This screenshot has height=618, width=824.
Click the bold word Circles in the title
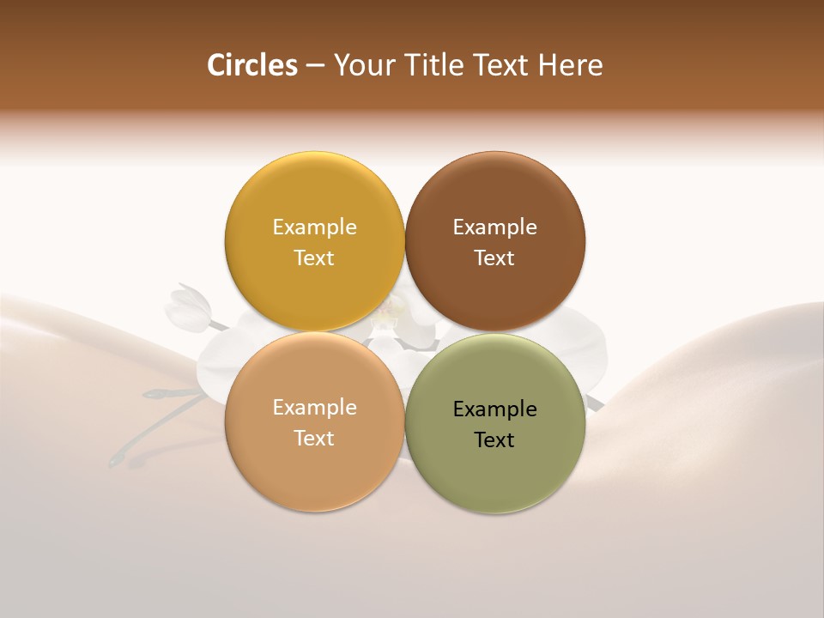pyautogui.click(x=252, y=65)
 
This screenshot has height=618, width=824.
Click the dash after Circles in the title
pyautogui.click(x=315, y=66)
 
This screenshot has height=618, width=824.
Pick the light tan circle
pyautogui.click(x=314, y=468)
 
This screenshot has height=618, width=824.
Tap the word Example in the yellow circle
pyautogui.click(x=314, y=227)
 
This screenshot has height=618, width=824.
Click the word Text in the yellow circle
pyautogui.click(x=314, y=257)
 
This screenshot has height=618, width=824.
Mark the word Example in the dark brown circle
pyautogui.click(x=494, y=227)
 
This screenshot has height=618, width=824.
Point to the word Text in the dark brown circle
pyautogui.click(x=494, y=257)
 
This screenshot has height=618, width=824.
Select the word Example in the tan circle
pyautogui.click(x=314, y=408)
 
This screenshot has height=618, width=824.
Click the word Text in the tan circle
pyautogui.click(x=314, y=438)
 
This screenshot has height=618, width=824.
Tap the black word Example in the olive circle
pyautogui.click(x=494, y=409)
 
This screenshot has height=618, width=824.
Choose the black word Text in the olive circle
pyautogui.click(x=494, y=439)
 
